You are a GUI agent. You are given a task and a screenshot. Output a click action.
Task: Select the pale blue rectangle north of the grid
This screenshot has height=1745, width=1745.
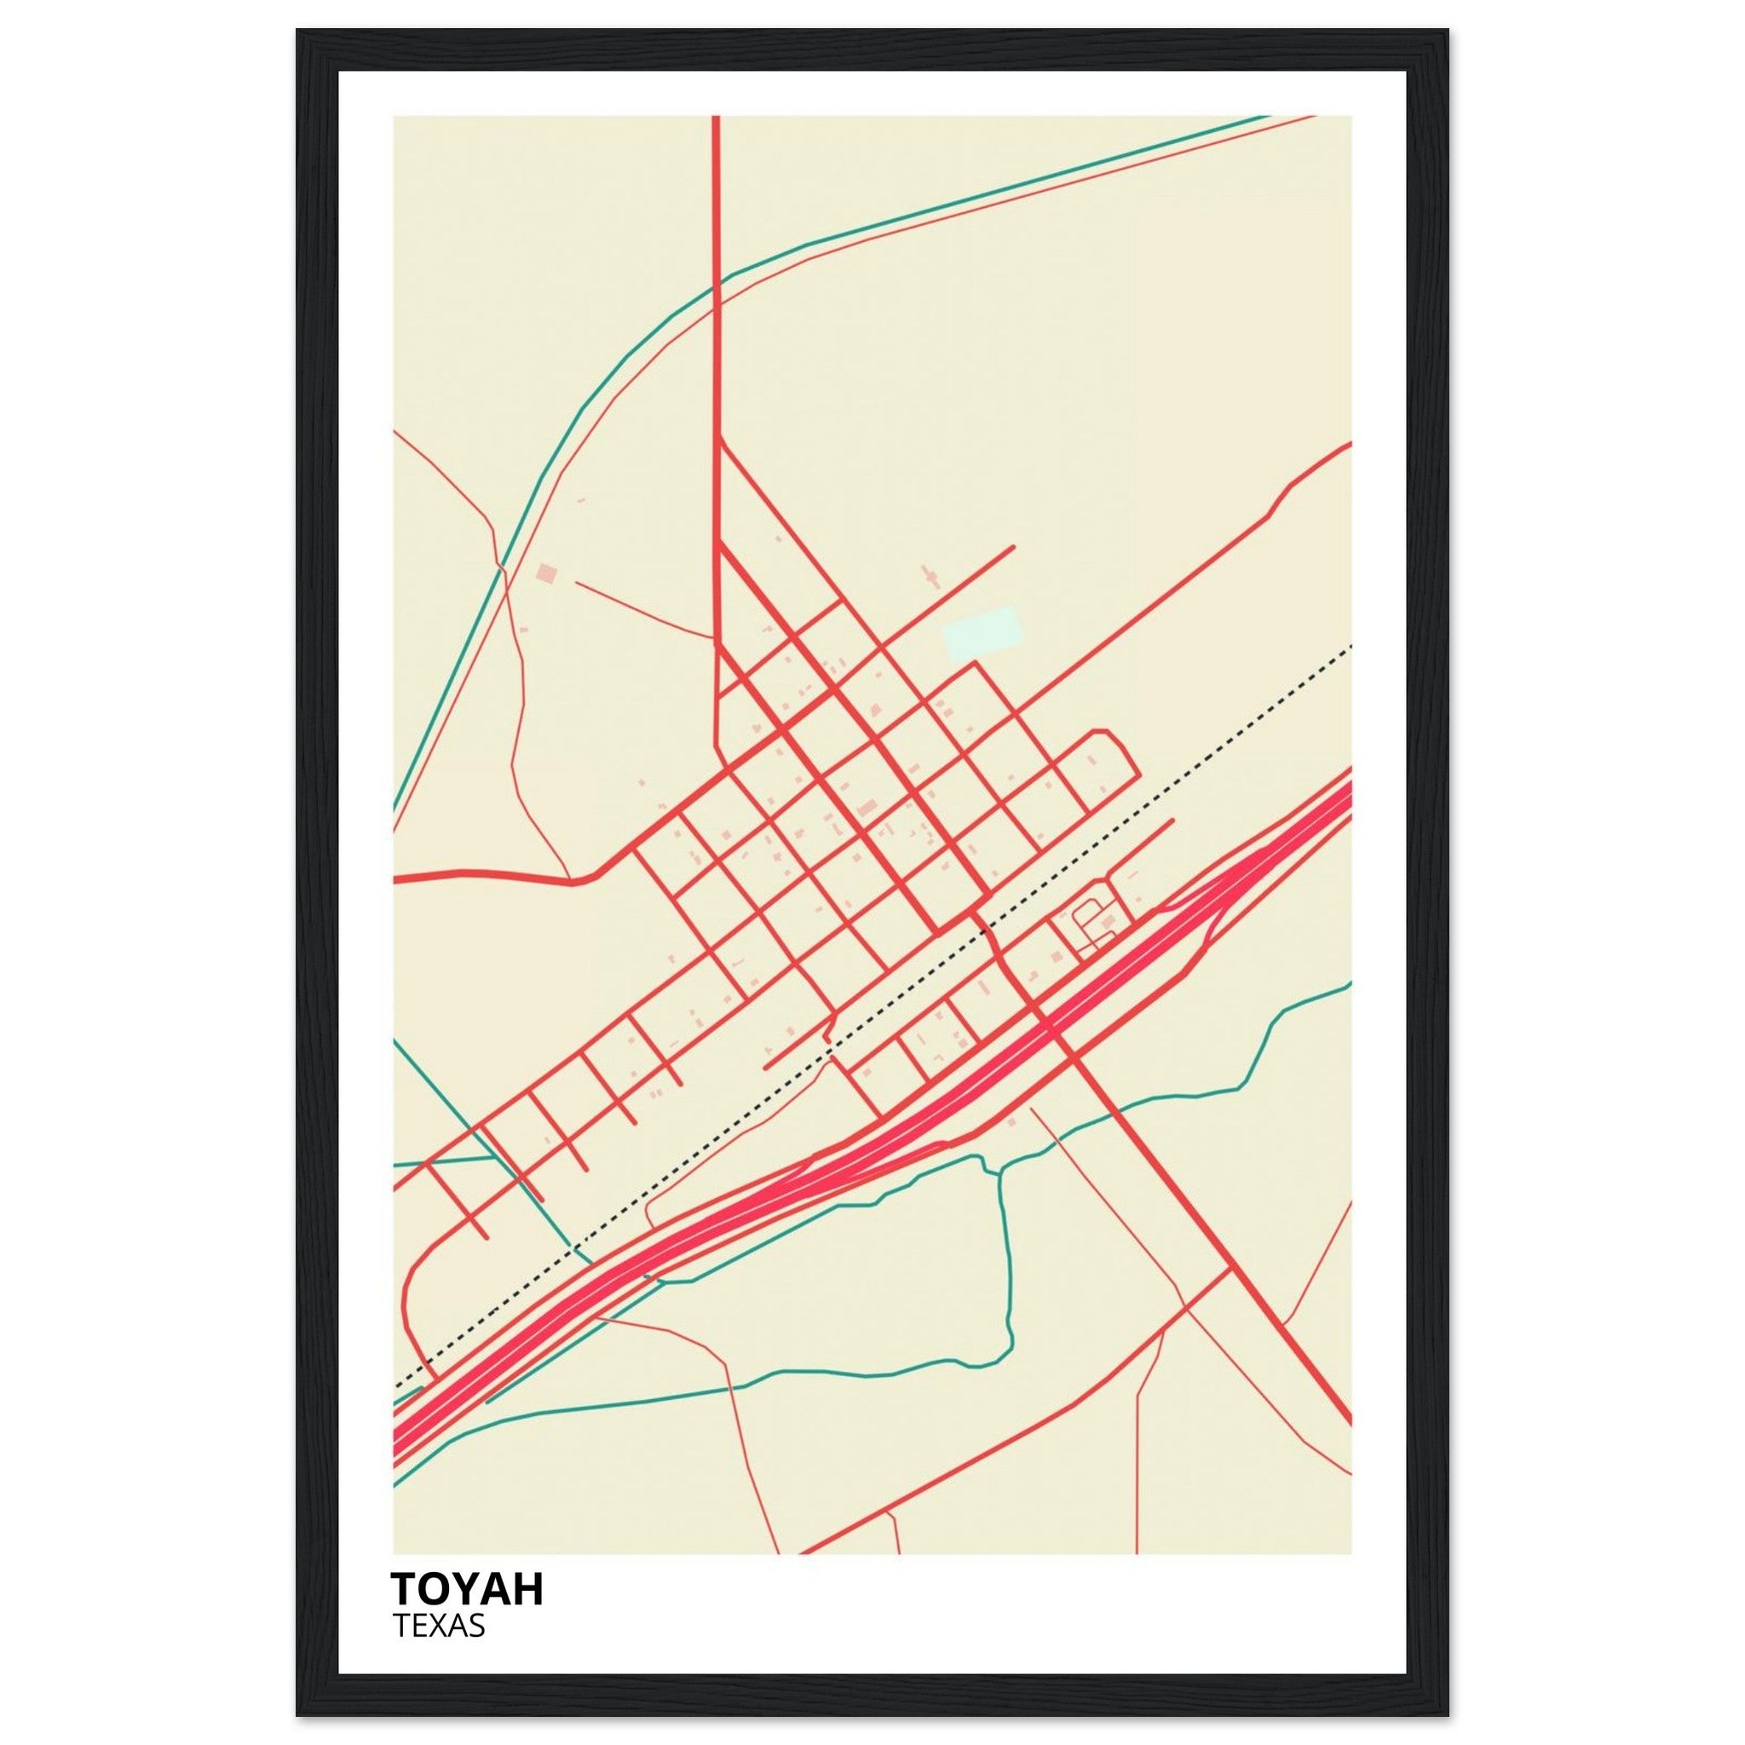coord(982,634)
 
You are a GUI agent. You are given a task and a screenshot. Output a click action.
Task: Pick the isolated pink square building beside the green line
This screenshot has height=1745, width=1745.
coord(545,573)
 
